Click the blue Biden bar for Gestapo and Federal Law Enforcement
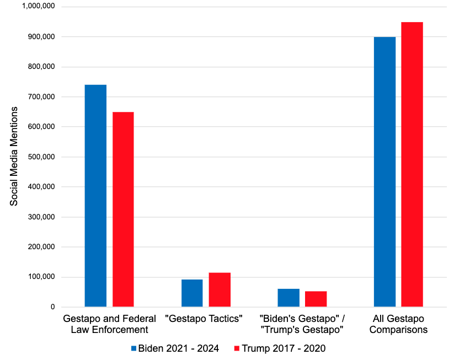click(95, 196)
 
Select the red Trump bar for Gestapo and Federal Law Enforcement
click(123, 209)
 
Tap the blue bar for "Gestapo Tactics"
click(192, 293)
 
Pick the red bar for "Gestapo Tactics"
click(220, 289)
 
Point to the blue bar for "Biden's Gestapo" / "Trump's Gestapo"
click(289, 298)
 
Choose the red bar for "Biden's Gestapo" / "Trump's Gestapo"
click(316, 299)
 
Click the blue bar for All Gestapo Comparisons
click(384, 171)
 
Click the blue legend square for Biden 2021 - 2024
click(133, 348)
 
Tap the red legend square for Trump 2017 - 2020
click(237, 348)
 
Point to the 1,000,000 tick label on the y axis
click(40, 7)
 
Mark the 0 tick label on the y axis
click(52, 307)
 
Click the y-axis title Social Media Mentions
click(14, 157)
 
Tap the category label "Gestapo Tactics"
click(205, 319)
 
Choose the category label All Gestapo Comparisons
click(398, 324)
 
